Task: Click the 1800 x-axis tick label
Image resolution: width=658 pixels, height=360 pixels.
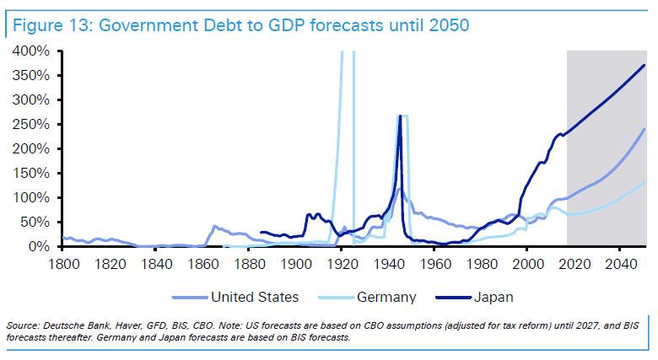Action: [62, 262]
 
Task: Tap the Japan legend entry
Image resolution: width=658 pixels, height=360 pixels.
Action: [493, 297]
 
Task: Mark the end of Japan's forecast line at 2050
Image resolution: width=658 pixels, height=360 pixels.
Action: [645, 65]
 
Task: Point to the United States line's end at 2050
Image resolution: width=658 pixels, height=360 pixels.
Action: [645, 129]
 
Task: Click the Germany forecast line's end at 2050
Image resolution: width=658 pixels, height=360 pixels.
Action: [645, 180]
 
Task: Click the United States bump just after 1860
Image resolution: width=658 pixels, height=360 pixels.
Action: [215, 226]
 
